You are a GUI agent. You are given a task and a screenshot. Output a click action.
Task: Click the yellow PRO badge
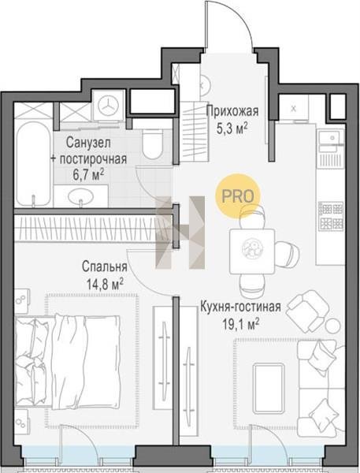point(237,196)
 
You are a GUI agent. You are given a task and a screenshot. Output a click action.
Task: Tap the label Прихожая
point(232,111)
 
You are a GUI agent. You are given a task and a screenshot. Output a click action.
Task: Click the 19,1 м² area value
point(240,324)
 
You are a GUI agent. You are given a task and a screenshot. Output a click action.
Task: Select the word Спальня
point(104,266)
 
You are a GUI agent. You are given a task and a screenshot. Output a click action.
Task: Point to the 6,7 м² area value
point(89,175)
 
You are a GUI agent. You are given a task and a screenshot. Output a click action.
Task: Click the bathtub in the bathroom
point(33,164)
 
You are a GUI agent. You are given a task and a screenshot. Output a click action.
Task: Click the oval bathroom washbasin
point(80,196)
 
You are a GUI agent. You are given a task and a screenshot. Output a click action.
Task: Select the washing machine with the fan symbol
point(108,106)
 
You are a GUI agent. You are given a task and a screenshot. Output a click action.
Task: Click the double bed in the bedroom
point(68,362)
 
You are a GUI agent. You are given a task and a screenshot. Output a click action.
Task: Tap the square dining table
point(252,251)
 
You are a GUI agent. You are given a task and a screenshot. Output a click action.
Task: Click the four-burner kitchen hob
point(331,215)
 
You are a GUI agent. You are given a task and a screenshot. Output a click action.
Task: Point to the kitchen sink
point(332,137)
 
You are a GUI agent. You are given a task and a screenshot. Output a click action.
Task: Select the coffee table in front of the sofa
point(269,389)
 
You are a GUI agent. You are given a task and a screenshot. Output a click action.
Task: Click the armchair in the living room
point(307,311)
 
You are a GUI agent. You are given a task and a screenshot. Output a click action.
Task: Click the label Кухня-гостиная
point(241,307)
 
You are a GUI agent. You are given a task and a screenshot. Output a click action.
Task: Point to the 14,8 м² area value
point(105,284)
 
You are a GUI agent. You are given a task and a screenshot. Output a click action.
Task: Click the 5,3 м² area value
point(232,128)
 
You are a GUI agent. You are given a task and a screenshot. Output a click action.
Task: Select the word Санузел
point(88,143)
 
